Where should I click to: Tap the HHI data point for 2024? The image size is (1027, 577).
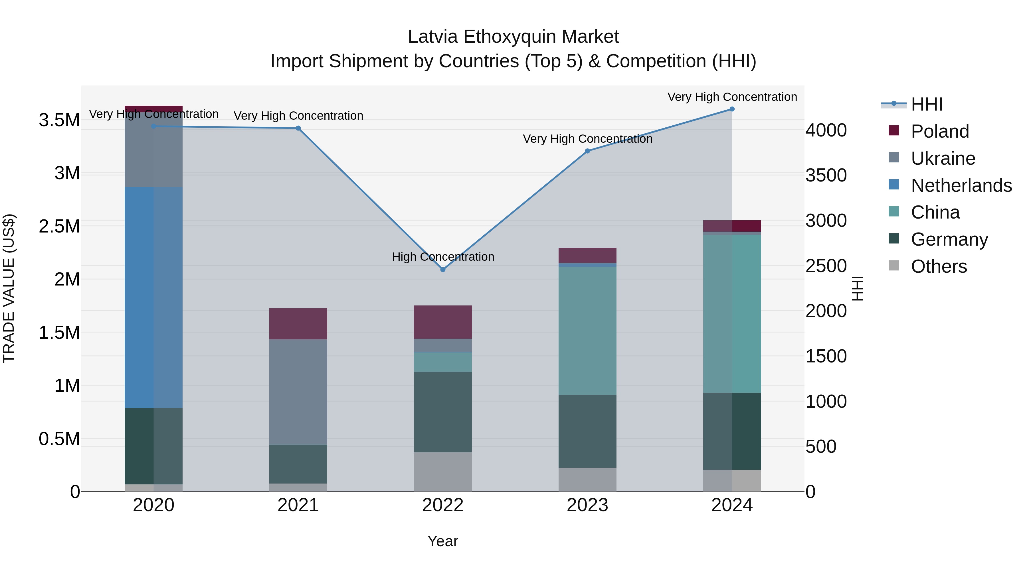732,109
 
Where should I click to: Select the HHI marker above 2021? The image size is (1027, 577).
298,128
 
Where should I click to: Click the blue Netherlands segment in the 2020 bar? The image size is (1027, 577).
153,297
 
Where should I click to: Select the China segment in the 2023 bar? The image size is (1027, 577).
587,331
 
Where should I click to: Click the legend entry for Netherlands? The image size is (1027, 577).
961,185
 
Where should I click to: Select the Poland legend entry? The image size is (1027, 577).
940,131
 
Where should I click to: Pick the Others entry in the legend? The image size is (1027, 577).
939,266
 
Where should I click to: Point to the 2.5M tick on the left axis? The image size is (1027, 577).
59,226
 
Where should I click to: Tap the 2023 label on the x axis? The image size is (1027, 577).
587,505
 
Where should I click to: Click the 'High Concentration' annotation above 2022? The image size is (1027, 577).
443,257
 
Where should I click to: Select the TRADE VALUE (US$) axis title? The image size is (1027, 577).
9,288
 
